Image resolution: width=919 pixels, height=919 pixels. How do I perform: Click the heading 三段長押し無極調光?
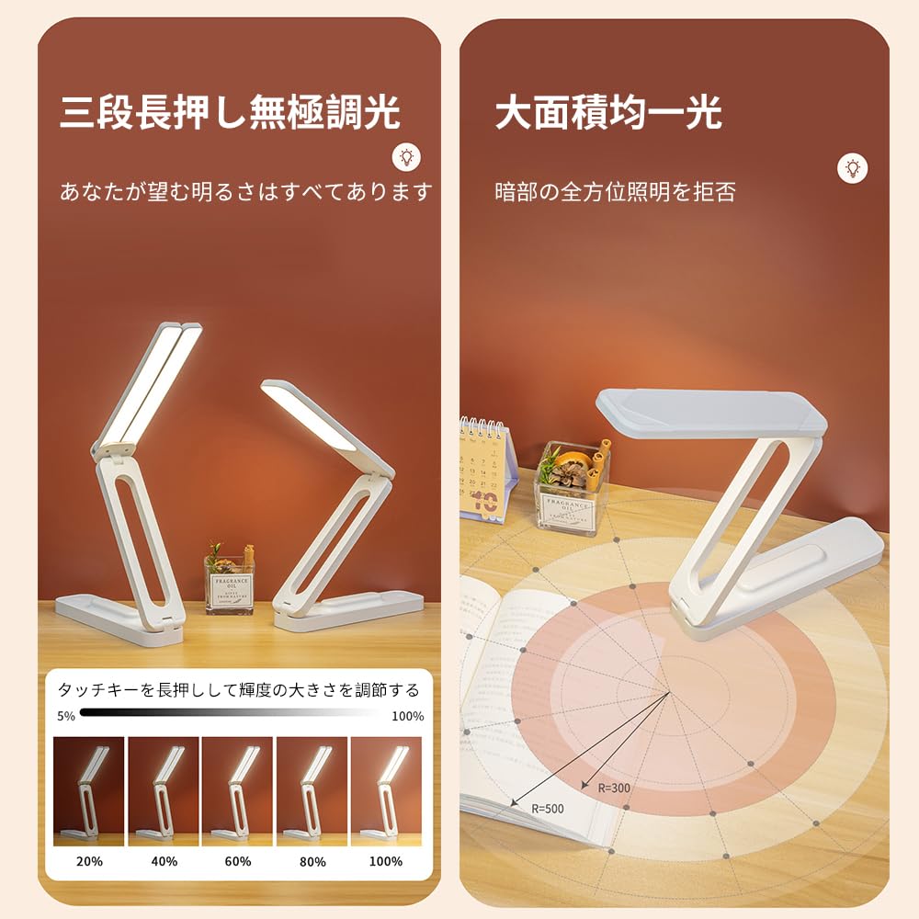click(230, 113)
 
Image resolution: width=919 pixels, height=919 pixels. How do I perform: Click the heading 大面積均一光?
click(608, 113)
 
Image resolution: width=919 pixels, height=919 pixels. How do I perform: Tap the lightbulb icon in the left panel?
click(406, 157)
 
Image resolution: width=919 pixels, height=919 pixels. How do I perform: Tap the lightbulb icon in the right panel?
click(853, 167)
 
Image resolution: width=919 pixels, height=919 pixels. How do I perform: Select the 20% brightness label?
click(89, 861)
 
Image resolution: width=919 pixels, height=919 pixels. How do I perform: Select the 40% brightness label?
click(164, 861)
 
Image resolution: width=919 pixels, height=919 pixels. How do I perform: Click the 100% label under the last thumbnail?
click(385, 861)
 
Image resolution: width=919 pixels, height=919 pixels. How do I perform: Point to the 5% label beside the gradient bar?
click(66, 716)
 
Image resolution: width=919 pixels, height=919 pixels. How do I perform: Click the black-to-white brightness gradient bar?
click(230, 712)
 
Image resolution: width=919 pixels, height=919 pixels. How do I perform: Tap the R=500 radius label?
click(548, 809)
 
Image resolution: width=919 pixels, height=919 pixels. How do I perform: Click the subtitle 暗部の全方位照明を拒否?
click(615, 192)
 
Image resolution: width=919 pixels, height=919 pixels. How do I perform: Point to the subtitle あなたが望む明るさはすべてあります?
click(245, 192)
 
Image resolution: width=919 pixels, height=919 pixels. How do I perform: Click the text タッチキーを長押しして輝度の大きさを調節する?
click(238, 690)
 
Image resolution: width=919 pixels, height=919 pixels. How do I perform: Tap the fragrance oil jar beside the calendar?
click(570, 487)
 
